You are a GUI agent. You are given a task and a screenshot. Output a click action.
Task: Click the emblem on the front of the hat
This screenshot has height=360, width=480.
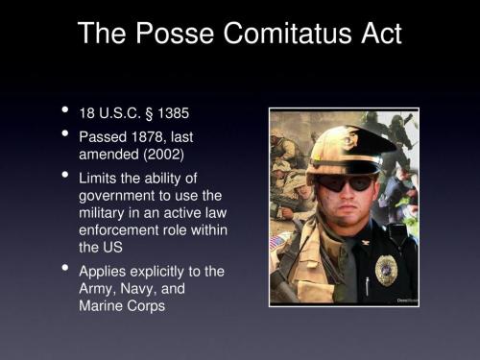click(x=343, y=140)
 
